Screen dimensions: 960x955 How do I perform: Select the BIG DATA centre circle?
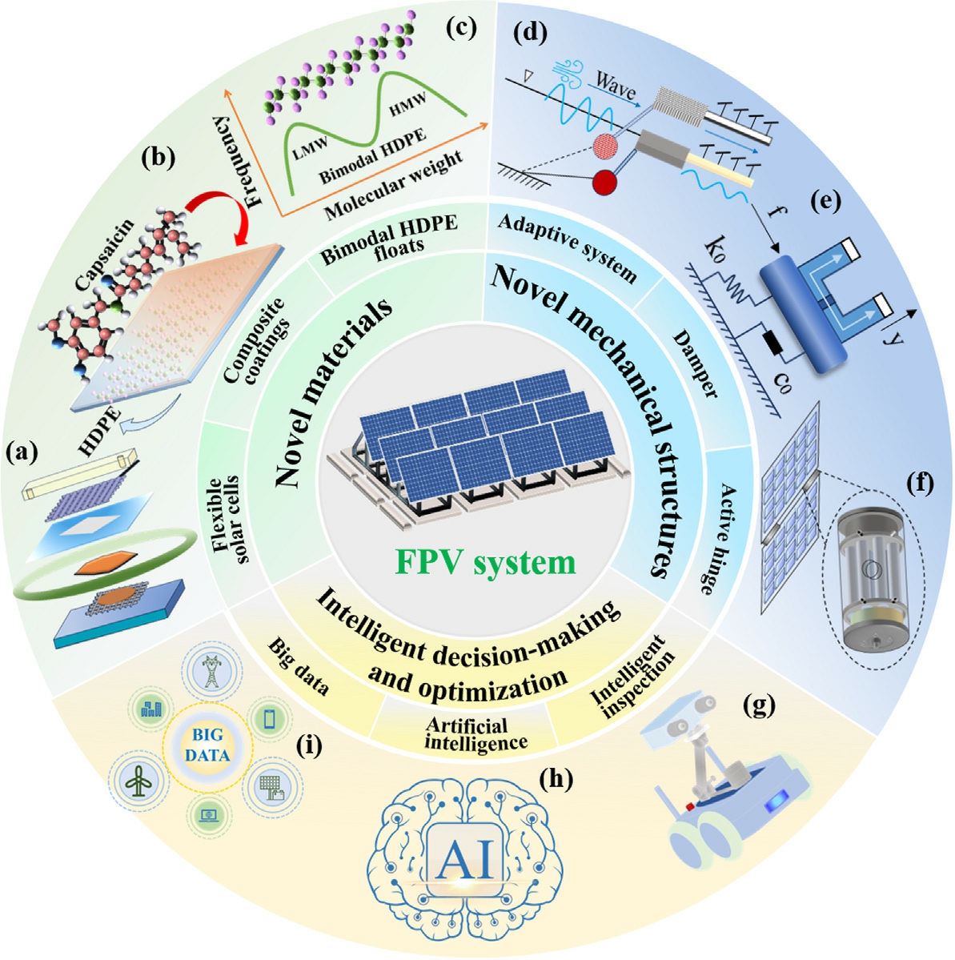208,745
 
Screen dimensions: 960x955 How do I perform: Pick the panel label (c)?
460,30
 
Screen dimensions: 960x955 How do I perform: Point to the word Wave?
614,86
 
